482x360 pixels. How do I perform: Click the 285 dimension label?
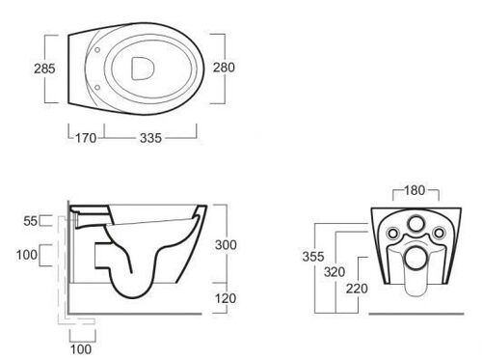point(44,69)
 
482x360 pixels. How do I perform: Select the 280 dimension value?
point(224,68)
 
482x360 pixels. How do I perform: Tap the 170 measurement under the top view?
point(86,138)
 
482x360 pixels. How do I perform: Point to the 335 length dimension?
point(150,138)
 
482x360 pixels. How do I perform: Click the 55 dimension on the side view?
point(31,221)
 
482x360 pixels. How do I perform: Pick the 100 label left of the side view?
point(27,255)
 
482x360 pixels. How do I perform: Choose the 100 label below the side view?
point(81,349)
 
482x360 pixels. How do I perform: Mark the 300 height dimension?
point(226,245)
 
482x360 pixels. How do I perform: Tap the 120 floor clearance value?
point(226,298)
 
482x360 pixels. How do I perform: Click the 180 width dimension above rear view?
point(415,190)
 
